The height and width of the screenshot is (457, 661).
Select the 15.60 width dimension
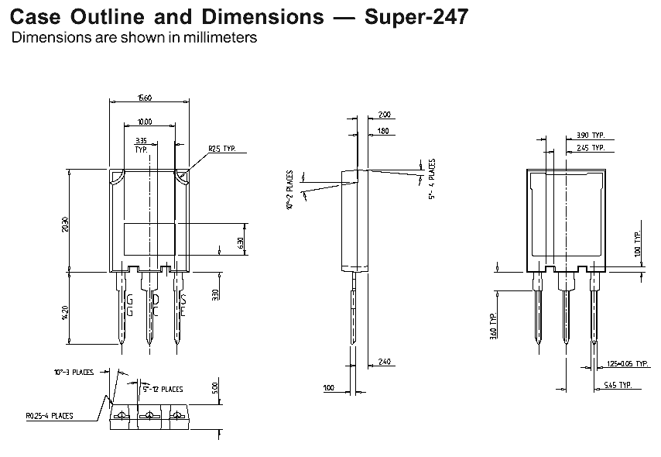(x=145, y=98)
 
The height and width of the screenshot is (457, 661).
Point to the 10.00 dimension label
(x=145, y=122)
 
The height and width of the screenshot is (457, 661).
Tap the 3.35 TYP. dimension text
(x=141, y=145)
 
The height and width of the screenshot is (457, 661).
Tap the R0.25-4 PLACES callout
(x=48, y=416)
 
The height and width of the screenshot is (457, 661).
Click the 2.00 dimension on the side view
(x=385, y=115)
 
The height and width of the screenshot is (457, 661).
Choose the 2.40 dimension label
(x=385, y=361)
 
